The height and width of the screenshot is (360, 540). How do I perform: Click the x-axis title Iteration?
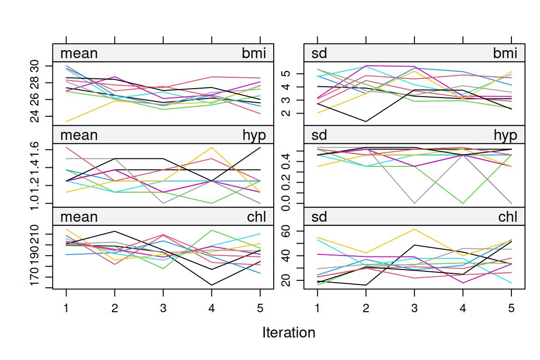point(289,333)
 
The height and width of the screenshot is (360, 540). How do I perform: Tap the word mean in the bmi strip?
point(79,53)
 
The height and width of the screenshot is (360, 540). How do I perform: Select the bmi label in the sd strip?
point(505,53)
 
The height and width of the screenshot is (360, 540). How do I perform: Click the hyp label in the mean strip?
point(254,135)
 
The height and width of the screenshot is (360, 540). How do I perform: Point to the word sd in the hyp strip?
point(319,135)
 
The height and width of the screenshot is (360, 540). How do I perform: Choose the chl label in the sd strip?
point(508,217)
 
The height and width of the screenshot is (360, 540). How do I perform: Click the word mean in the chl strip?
point(79,217)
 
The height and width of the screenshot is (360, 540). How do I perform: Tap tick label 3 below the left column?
point(163,307)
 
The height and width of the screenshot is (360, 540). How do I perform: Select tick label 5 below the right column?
point(511,307)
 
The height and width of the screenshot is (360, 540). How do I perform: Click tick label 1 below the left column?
point(66,307)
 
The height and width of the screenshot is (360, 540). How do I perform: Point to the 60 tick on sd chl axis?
point(286,231)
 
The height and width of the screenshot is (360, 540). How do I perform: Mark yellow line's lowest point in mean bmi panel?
point(66,121)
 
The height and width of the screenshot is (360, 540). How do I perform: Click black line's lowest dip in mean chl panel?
point(211,285)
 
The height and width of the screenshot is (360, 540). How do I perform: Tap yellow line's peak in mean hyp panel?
point(211,148)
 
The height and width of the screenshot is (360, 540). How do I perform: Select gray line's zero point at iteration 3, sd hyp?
point(414,203)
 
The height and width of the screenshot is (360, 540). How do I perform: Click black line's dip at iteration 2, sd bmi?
point(366,121)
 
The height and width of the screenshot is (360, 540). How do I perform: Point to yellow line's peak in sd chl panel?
point(414,229)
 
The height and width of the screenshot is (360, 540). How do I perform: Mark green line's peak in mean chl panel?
point(211,230)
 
